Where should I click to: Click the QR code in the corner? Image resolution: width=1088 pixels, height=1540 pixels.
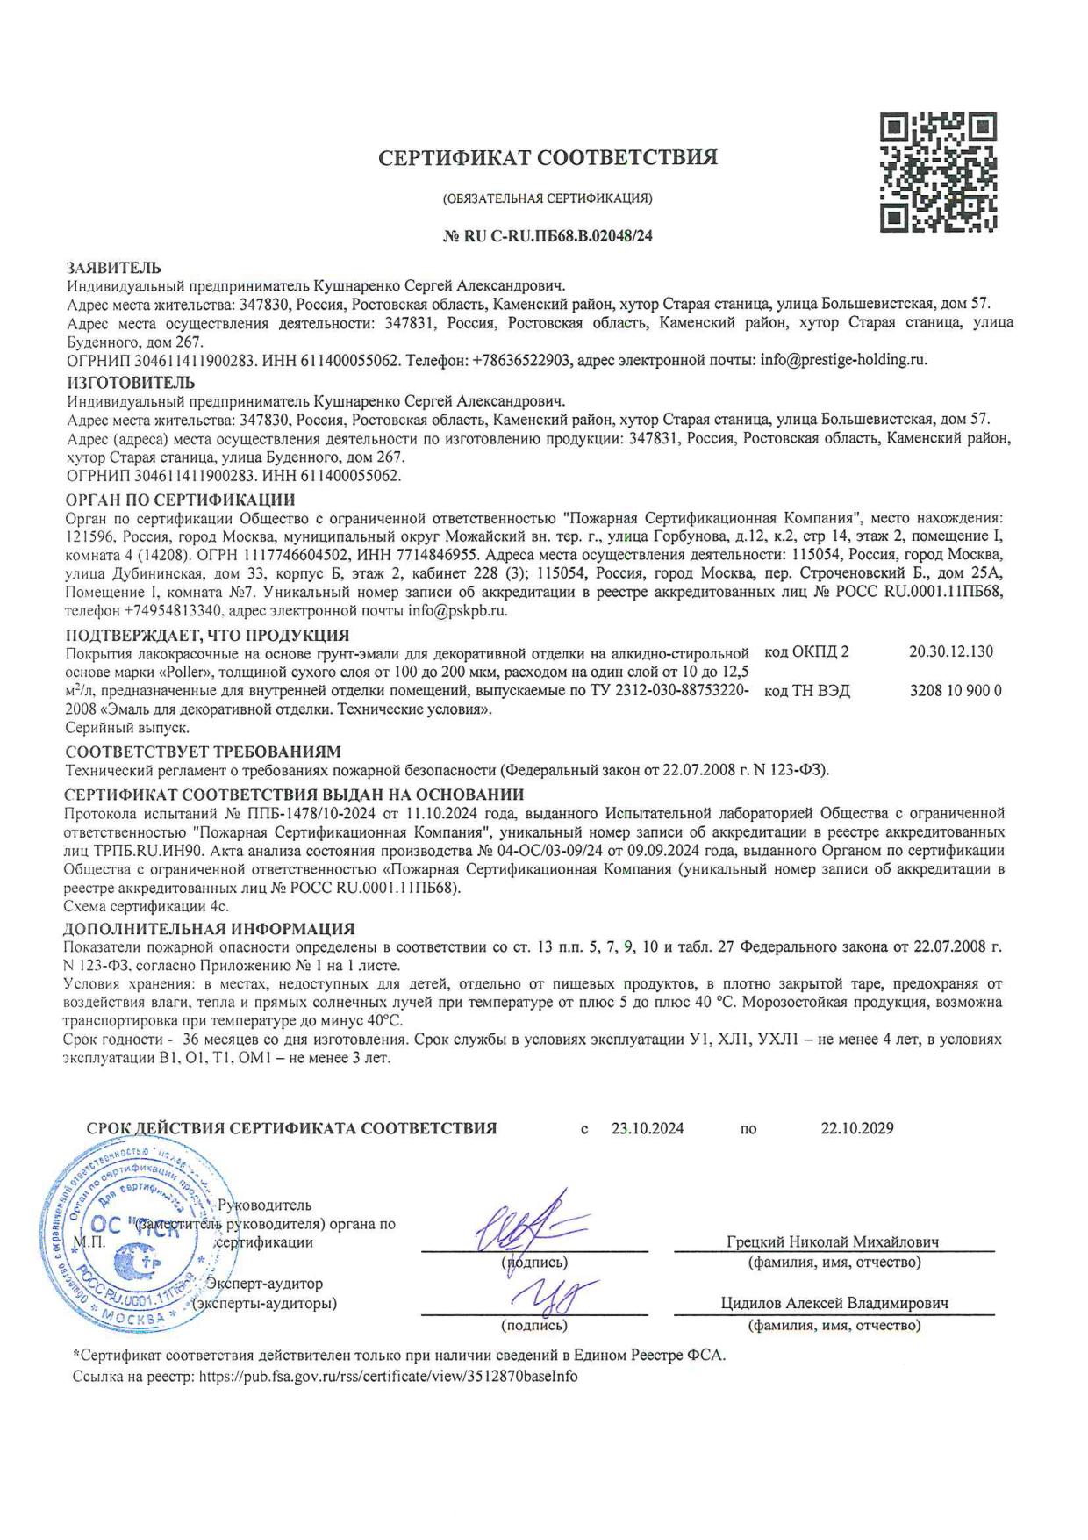938,172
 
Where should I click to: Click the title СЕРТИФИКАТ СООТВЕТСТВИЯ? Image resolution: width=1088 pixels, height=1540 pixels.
548,158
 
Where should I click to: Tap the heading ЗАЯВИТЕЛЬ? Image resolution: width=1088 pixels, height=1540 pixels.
114,268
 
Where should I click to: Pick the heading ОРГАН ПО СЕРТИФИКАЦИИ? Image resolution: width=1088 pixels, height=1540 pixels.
181,500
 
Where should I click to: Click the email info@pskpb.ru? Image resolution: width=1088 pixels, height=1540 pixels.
458,610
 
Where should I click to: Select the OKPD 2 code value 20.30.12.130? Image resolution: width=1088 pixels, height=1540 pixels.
951,652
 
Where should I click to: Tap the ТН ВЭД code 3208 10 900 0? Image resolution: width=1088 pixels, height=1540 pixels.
956,691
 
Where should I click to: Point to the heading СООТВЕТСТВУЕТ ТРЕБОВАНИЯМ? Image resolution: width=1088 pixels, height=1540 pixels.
203,752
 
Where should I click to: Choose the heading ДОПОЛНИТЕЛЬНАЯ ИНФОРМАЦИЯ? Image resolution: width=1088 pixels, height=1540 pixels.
210,928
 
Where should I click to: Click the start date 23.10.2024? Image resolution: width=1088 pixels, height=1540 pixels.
648,1129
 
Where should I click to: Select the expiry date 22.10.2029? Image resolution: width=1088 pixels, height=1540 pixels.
856,1129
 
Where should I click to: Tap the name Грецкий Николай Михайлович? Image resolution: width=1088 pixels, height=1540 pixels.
833,1242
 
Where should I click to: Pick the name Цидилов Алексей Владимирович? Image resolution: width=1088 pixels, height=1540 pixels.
834,1304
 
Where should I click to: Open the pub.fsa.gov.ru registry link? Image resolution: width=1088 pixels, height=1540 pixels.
388,1377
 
